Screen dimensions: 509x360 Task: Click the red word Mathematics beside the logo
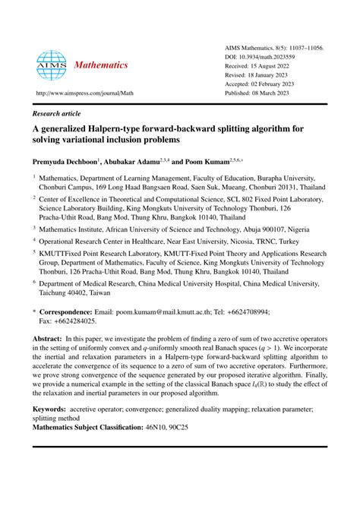pyautogui.click(x=100, y=65)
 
